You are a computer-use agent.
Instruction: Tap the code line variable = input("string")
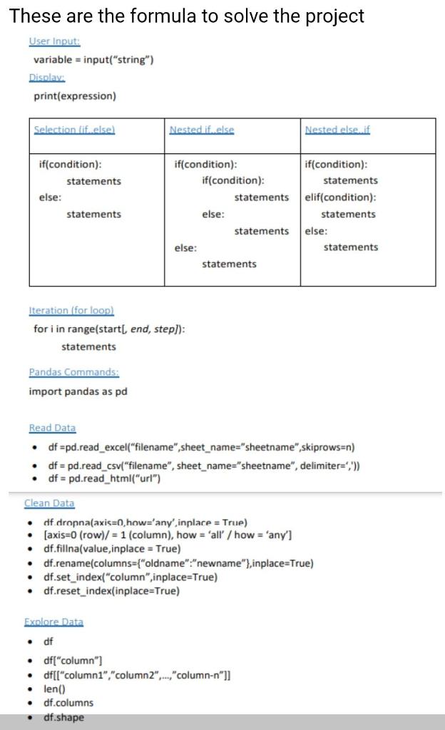(x=93, y=60)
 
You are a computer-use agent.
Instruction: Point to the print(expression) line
(x=75, y=96)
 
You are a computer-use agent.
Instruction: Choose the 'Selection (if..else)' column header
(x=75, y=130)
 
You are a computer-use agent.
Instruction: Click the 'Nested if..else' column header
(x=202, y=130)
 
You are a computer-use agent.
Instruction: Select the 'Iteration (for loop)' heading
(x=71, y=311)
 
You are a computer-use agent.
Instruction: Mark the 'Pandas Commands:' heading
(x=73, y=372)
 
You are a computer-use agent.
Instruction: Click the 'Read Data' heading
(x=52, y=428)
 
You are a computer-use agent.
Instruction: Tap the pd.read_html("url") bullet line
(x=103, y=478)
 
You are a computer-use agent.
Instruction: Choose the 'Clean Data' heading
(x=49, y=503)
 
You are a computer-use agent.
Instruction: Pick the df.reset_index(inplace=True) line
(x=111, y=591)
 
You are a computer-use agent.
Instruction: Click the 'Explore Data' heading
(x=54, y=622)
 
